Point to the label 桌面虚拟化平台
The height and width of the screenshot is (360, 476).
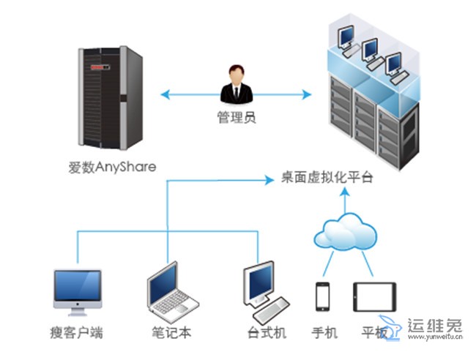tap(327, 178)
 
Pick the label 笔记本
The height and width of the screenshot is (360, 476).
tap(172, 333)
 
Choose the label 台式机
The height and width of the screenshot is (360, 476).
tap(267, 333)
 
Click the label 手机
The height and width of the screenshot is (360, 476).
tap(324, 333)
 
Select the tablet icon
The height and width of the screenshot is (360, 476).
tap(374, 297)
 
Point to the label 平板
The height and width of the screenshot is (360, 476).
tap(374, 333)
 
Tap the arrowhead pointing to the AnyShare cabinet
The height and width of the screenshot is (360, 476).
tap(164, 94)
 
